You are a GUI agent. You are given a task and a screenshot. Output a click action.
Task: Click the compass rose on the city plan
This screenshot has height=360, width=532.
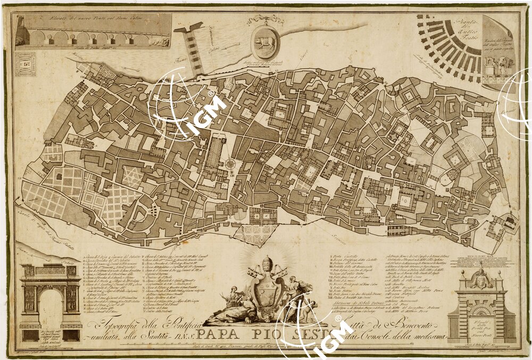point(230,163)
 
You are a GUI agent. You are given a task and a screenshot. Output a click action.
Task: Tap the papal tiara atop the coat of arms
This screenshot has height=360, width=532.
point(268,264)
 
